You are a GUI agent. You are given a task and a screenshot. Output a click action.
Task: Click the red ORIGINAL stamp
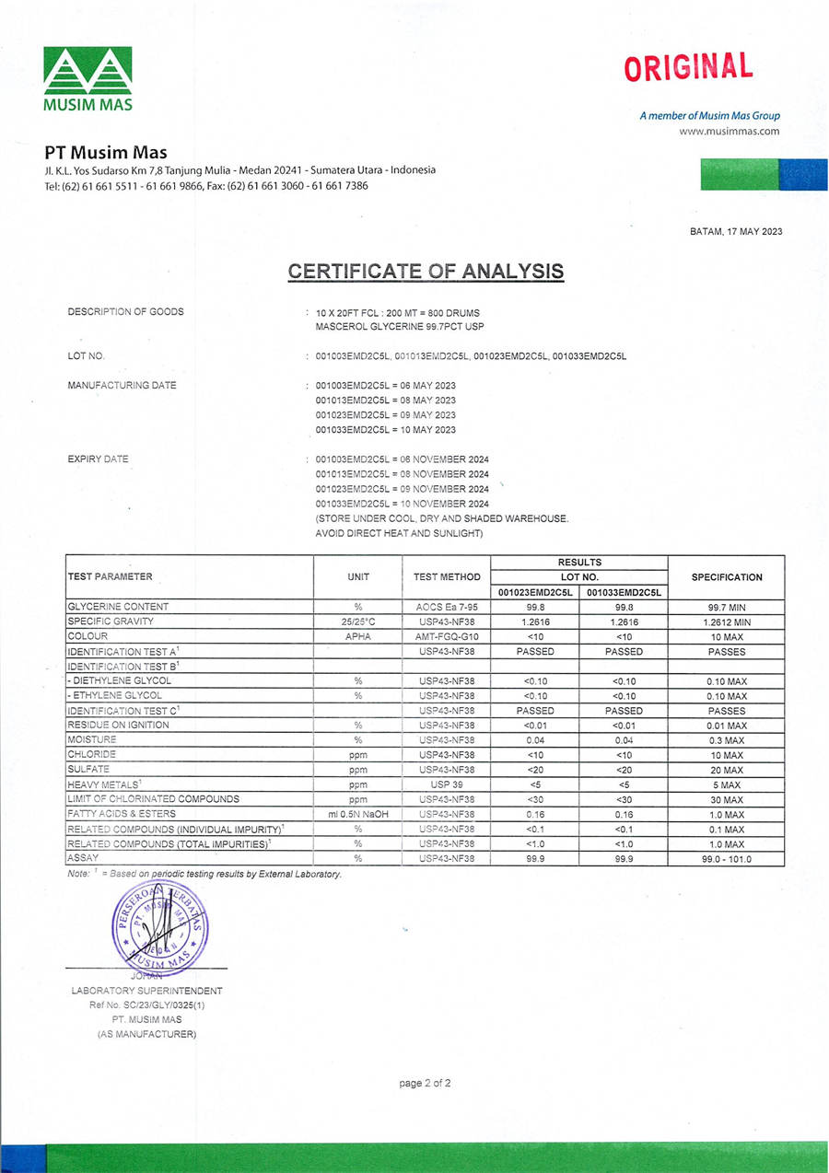(x=687, y=67)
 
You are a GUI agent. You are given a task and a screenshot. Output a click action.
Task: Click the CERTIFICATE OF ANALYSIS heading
(x=426, y=272)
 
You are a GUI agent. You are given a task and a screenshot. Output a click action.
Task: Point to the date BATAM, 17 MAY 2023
(x=736, y=231)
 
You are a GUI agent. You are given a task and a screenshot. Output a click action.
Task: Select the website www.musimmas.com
(x=729, y=131)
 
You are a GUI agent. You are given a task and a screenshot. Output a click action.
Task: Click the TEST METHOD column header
(x=447, y=577)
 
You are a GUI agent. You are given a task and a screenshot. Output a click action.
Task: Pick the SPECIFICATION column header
(x=726, y=577)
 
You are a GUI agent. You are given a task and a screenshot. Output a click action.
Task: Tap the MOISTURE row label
(x=92, y=740)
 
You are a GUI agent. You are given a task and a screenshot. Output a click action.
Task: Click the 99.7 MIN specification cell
(x=726, y=608)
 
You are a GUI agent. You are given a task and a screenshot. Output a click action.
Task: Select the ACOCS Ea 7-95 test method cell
(x=447, y=608)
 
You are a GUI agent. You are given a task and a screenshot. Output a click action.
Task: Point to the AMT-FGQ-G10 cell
(x=447, y=637)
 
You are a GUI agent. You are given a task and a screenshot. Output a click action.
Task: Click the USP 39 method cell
(x=447, y=784)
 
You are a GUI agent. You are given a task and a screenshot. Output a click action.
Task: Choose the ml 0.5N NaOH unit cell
(x=358, y=815)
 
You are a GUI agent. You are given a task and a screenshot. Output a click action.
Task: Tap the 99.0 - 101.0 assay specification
(x=726, y=859)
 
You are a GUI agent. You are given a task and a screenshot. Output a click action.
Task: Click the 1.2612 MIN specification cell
(x=726, y=622)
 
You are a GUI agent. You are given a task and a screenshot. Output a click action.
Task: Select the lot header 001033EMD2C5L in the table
(x=624, y=593)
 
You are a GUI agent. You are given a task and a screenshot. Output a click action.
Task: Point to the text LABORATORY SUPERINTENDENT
(x=146, y=991)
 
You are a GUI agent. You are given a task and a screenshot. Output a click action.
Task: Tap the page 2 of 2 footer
(x=425, y=1084)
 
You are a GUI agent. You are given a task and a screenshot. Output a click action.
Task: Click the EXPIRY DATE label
(x=98, y=459)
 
